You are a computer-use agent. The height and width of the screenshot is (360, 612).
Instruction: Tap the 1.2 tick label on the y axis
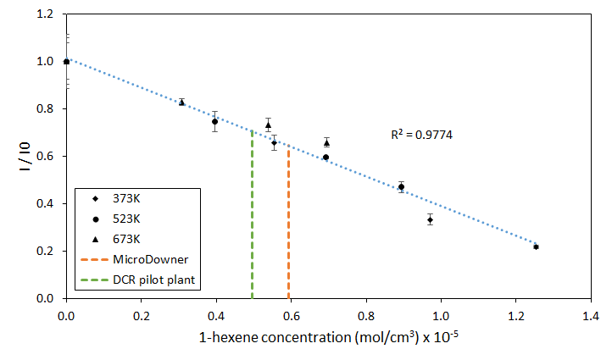point(47,14)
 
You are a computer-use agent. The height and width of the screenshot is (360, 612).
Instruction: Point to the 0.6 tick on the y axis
point(47,157)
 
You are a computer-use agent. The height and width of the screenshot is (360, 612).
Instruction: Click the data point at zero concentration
point(66,62)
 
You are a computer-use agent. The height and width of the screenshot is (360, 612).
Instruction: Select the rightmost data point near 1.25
point(536,246)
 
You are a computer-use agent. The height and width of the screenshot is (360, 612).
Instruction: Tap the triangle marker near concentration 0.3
point(181,102)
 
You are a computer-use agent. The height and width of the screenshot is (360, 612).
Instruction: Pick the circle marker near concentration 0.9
point(401,187)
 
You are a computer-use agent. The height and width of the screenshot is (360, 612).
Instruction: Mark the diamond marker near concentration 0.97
point(431,219)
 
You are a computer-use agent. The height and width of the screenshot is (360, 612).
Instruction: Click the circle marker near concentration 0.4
point(215,121)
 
